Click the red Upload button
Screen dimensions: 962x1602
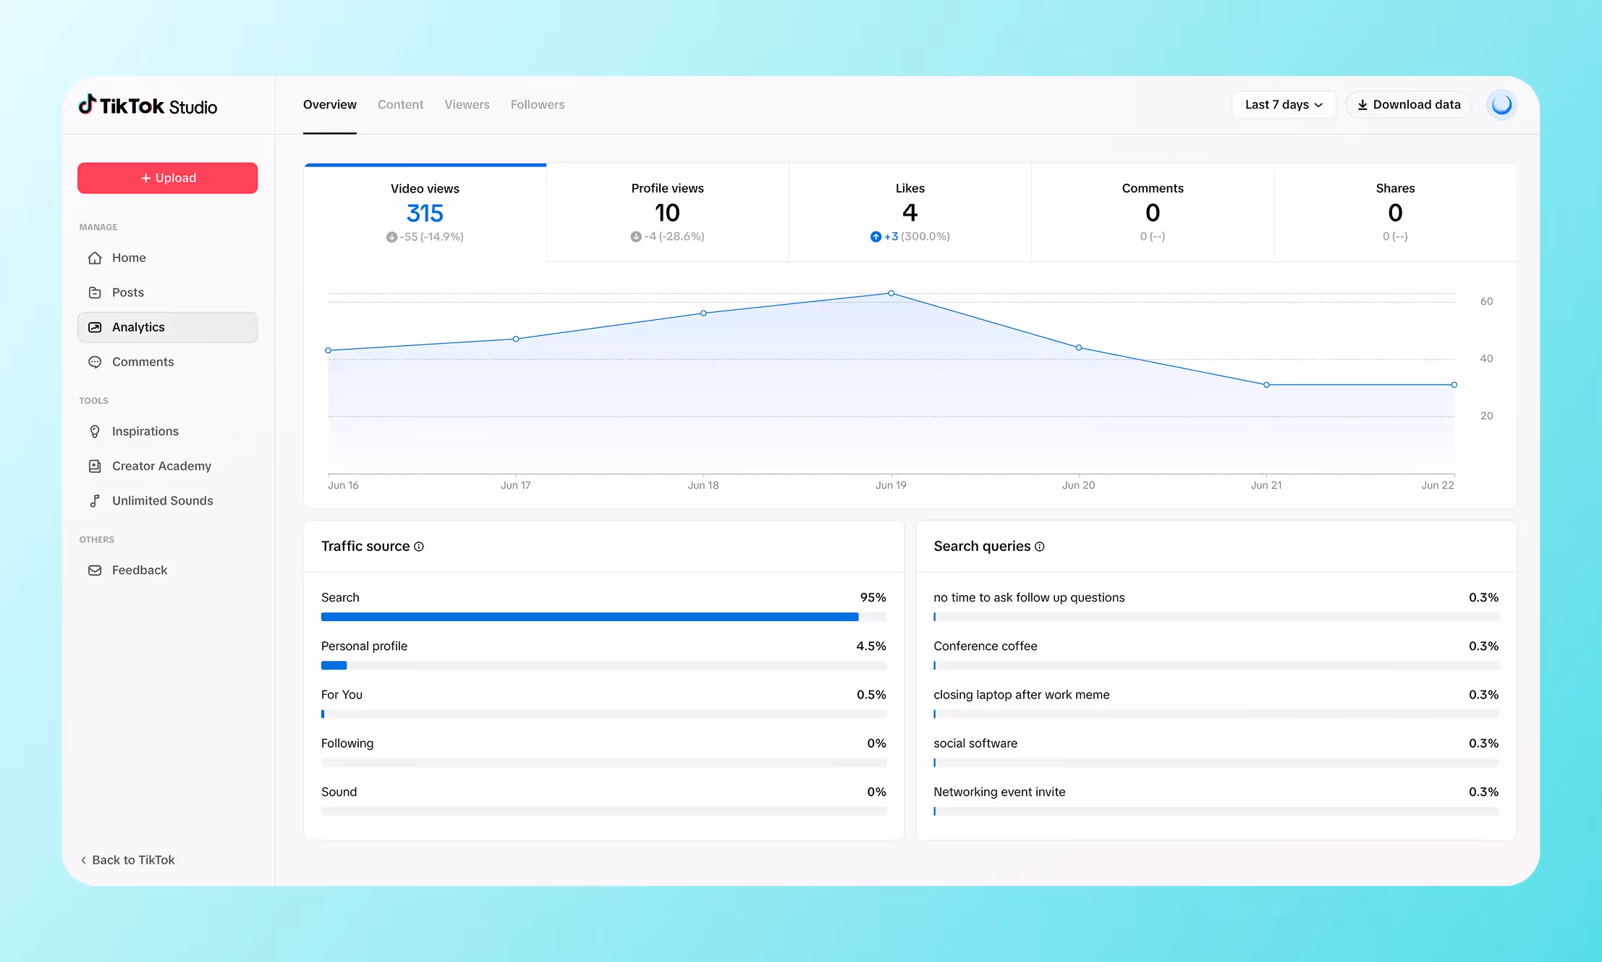point(167,178)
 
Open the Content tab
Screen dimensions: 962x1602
point(400,105)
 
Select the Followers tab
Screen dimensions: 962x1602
point(537,105)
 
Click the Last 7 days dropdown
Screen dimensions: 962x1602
point(1283,105)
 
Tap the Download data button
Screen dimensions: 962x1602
point(1408,105)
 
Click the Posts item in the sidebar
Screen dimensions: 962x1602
point(127,292)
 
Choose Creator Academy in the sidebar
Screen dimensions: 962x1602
point(161,466)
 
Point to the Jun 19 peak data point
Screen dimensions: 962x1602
point(891,293)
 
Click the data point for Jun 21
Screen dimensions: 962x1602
point(1266,385)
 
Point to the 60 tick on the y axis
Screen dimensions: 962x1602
point(1486,301)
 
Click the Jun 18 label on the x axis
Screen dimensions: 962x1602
point(703,486)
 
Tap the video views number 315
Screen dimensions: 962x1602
point(425,214)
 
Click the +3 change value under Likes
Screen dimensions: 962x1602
point(891,237)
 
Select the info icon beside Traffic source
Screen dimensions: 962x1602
point(419,547)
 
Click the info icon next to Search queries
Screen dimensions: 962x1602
point(1040,547)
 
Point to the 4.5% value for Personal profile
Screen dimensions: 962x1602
point(870,646)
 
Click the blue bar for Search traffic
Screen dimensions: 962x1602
point(589,617)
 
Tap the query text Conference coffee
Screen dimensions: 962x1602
point(985,646)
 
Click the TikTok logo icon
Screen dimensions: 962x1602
point(87,104)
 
